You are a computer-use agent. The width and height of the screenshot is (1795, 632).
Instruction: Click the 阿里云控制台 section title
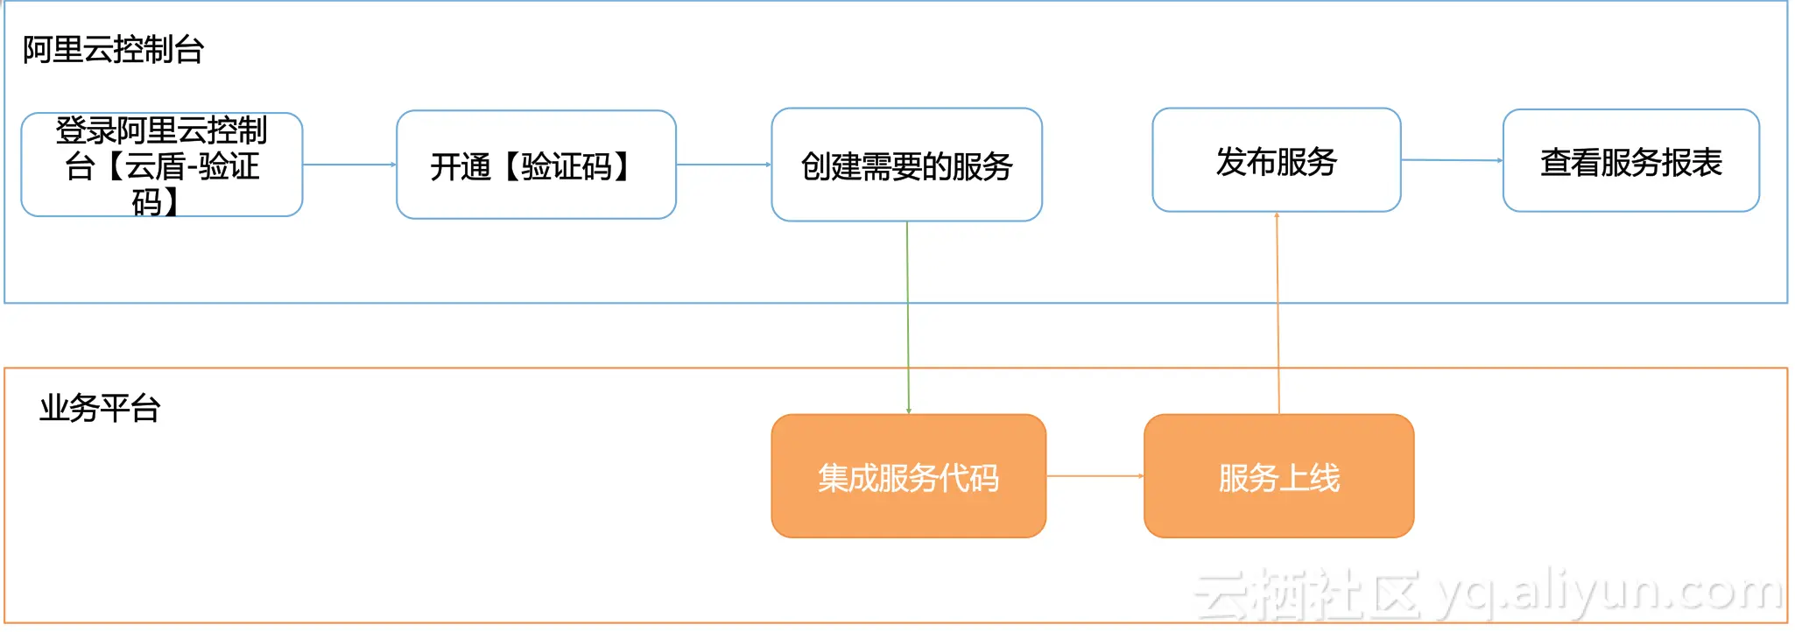pyautogui.click(x=113, y=50)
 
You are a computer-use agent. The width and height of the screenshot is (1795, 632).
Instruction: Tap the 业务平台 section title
pyautogui.click(x=100, y=408)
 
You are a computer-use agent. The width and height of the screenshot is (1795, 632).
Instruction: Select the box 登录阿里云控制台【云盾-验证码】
pyautogui.click(x=162, y=165)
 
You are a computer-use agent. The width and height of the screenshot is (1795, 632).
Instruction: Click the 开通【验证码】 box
pyautogui.click(x=536, y=165)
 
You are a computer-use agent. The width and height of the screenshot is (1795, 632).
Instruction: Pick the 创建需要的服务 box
pyautogui.click(x=906, y=165)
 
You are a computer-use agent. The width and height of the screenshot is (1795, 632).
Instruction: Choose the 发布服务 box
pyautogui.click(x=1276, y=160)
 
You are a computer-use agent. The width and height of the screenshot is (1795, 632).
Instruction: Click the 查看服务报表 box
pyautogui.click(x=1630, y=161)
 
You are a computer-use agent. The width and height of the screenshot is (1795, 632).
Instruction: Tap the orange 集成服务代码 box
pyautogui.click(x=908, y=476)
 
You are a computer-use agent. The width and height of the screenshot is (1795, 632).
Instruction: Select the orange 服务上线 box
pyautogui.click(x=1278, y=476)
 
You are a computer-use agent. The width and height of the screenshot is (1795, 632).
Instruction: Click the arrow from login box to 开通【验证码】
pyautogui.click(x=349, y=165)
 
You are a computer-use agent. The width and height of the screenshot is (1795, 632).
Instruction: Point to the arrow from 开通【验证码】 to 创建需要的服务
pyautogui.click(x=723, y=165)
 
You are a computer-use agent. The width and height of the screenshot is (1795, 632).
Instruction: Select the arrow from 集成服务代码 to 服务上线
pyautogui.click(x=1095, y=476)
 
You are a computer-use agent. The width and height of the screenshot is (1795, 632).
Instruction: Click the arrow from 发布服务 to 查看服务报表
pyautogui.click(x=1452, y=160)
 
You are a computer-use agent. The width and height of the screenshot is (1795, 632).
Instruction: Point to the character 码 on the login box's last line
pyautogui.click(x=147, y=202)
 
